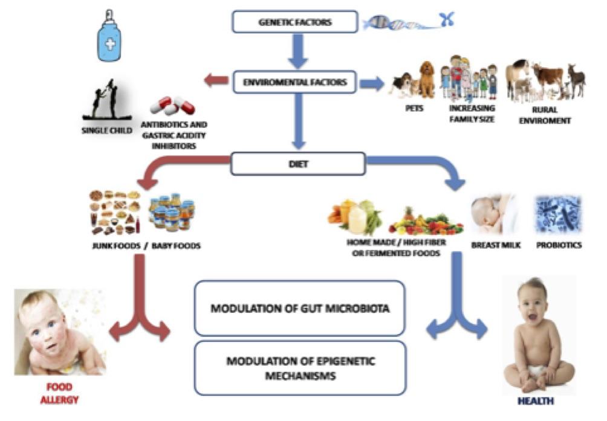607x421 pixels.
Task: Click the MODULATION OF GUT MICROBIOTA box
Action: [299, 308]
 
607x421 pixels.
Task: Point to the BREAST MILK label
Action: [495, 246]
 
